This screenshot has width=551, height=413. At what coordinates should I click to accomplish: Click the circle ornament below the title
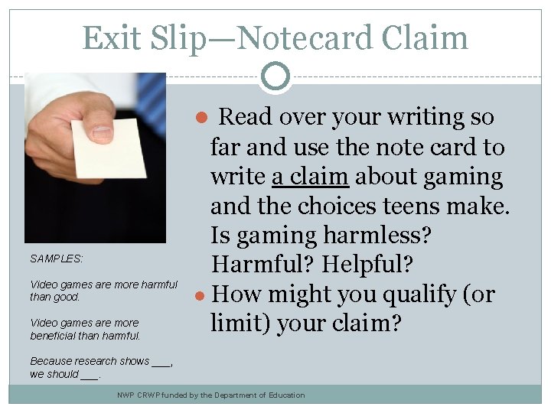pyautogui.click(x=275, y=75)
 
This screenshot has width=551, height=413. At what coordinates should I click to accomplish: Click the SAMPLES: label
pyautogui.click(x=57, y=259)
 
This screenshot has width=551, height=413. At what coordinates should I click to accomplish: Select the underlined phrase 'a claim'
pyautogui.click(x=311, y=177)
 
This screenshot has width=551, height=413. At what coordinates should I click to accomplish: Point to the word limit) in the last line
pyautogui.click(x=243, y=324)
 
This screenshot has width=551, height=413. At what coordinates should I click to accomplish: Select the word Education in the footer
pyautogui.click(x=282, y=395)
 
